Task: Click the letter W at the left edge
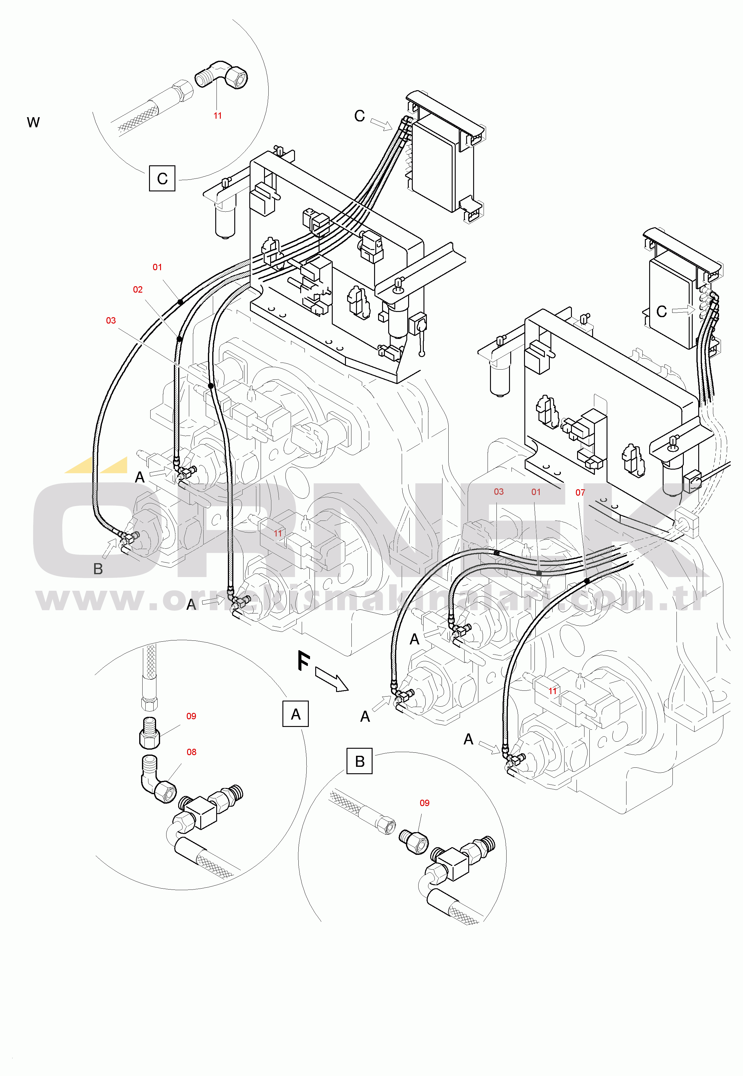(x=33, y=122)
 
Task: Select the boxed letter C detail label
(x=162, y=178)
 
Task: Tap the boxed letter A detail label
(x=296, y=714)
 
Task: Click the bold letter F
(x=304, y=661)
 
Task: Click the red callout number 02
(x=138, y=290)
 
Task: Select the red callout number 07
(x=580, y=493)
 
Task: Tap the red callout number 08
(x=191, y=752)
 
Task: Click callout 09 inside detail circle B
(x=425, y=803)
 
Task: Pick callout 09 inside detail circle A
(x=191, y=716)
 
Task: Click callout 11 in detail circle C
(x=217, y=115)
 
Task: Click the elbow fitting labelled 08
(x=156, y=780)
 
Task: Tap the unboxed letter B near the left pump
(x=98, y=569)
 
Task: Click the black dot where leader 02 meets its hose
(x=179, y=339)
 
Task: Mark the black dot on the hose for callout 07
(x=587, y=581)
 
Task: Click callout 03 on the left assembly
(x=111, y=320)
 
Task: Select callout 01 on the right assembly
(x=536, y=492)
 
